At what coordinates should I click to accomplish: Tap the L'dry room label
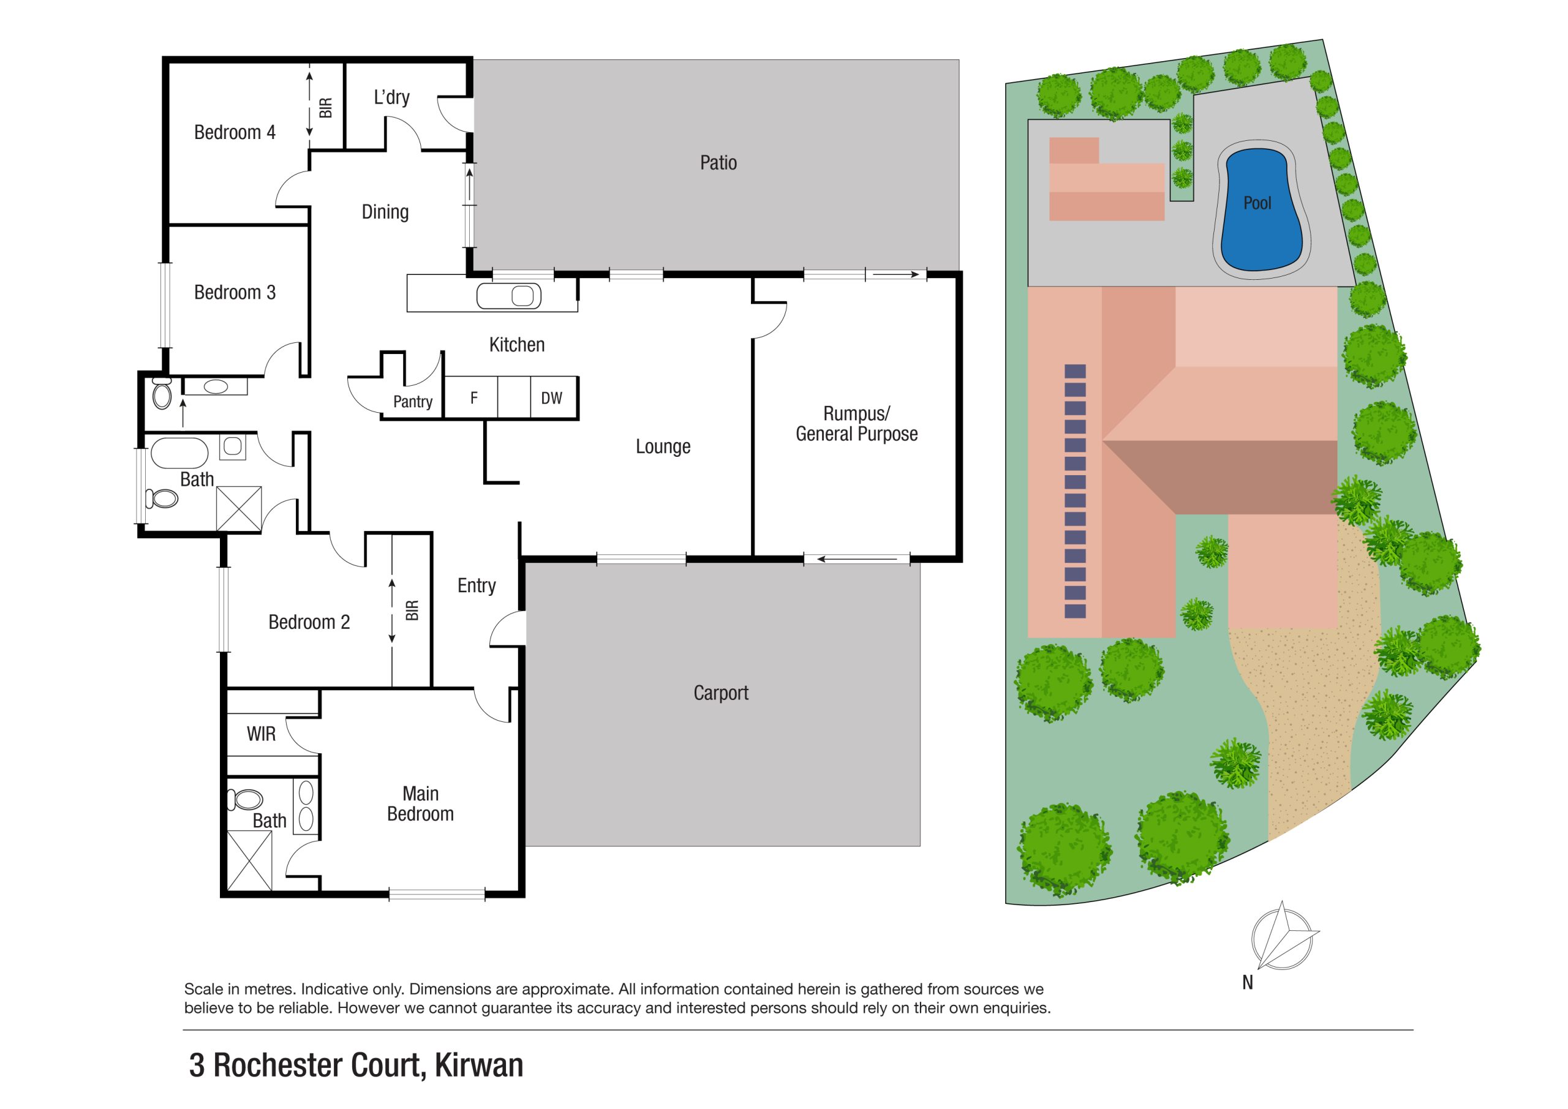coord(391,97)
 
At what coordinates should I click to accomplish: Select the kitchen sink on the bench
coord(509,296)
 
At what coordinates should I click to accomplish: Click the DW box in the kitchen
coord(552,398)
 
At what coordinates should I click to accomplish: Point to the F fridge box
coord(473,398)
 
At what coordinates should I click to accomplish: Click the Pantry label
coord(412,402)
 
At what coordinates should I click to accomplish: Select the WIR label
coord(261,734)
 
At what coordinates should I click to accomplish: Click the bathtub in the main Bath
coord(179,453)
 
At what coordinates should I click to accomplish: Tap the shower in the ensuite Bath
coord(249,860)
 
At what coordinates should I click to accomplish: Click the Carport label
coord(720,693)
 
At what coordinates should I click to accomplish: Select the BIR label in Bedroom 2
coord(412,611)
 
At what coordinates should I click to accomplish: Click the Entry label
coord(476,585)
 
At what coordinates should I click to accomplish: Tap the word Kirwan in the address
coord(479,1066)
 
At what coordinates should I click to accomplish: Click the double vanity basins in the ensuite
coord(306,806)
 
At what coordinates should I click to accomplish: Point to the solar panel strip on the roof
coord(1075,491)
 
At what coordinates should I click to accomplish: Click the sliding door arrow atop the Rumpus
coord(895,274)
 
